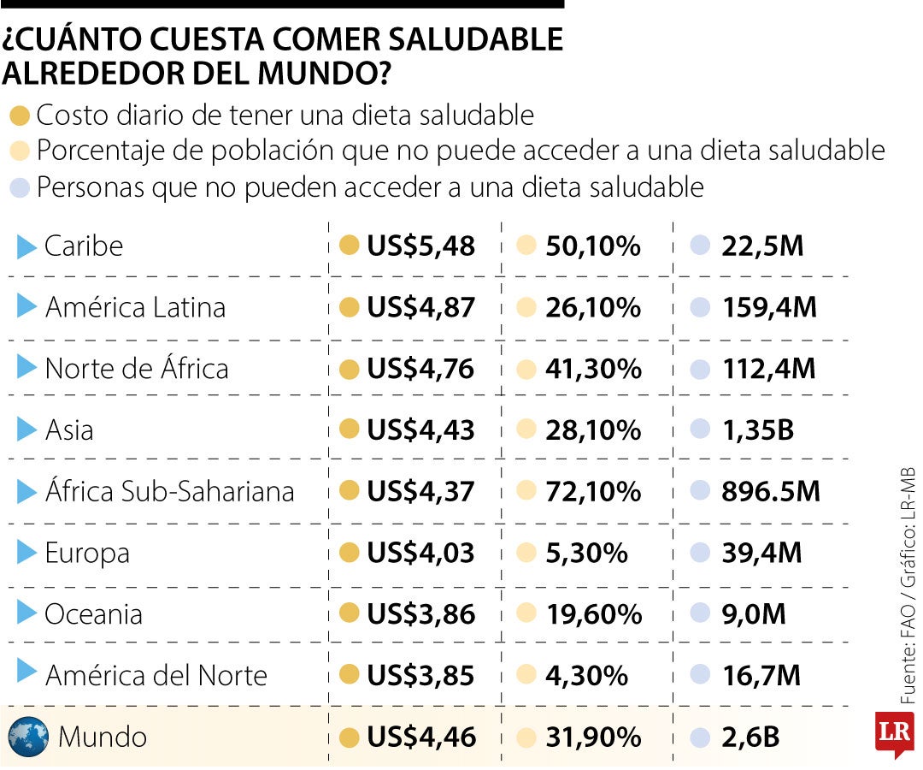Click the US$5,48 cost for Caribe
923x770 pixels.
coord(420,246)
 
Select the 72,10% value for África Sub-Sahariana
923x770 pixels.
coord(593,491)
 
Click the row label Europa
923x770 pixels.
coord(87,553)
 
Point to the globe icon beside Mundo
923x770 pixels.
coord(28,736)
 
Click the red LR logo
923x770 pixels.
coord(895,732)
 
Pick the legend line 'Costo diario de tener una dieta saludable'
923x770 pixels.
coord(285,115)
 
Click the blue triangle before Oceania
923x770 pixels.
coord(26,613)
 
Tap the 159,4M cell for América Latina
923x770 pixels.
coord(769,307)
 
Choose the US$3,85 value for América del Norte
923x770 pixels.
coord(420,676)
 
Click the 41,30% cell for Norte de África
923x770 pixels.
coord(593,369)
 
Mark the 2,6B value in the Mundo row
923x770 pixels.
coord(750,737)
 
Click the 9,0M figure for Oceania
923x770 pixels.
coord(752,614)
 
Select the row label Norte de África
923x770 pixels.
coord(137,369)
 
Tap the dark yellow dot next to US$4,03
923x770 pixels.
coord(348,553)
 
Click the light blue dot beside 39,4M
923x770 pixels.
coord(700,553)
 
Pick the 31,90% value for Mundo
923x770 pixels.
coord(593,737)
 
